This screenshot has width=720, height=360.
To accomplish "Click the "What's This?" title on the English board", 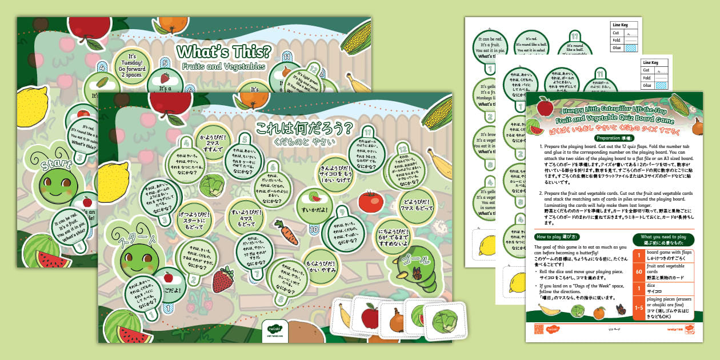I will pos(223,51).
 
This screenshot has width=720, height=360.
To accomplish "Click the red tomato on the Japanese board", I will pos(370,202).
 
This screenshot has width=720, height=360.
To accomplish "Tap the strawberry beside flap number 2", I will pos(222,280).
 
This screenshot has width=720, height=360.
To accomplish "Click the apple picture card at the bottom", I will pos(370,317).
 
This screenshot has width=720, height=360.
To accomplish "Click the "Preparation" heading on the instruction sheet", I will pos(615,138).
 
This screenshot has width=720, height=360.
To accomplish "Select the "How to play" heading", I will pos(557,237).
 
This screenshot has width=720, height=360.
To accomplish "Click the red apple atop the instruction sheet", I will pos(545,107).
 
